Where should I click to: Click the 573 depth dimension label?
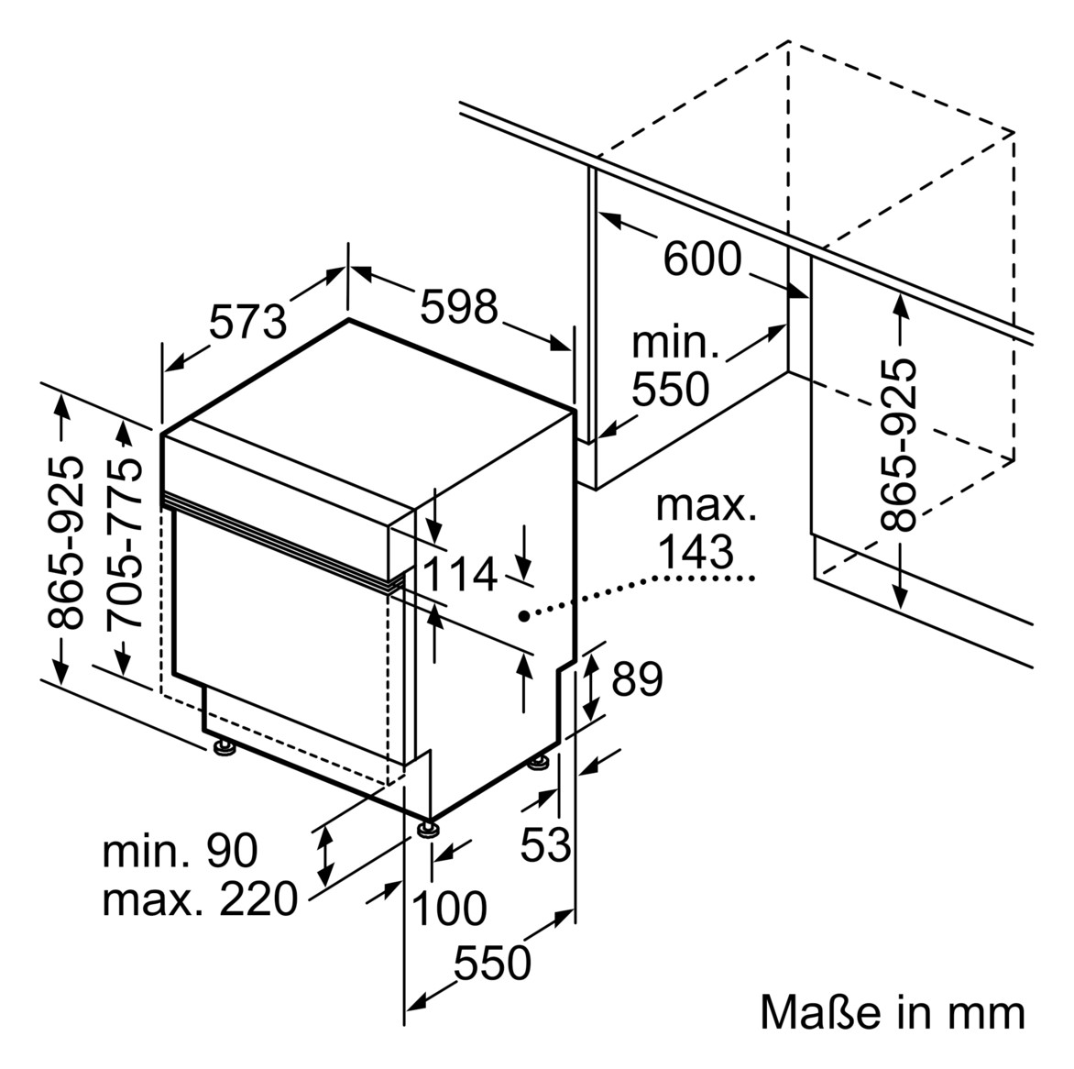[247, 322]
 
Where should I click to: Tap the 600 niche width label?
[703, 259]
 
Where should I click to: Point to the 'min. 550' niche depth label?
[674, 367]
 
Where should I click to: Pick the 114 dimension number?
[460, 574]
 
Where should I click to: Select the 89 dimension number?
[637, 679]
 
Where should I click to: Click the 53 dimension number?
[545, 844]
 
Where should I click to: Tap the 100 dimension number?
[449, 909]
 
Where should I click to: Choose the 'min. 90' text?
[181, 851]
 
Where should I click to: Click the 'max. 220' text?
[200, 898]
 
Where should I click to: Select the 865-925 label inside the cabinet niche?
[897, 444]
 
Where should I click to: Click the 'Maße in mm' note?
[893, 1013]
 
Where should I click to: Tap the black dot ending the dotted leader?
[523, 616]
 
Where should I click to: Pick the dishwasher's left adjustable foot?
[224, 746]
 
